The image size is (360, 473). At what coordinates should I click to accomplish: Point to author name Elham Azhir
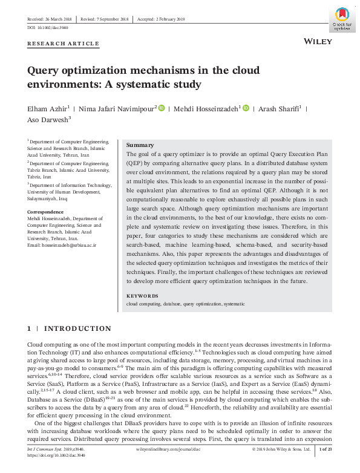click(48, 109)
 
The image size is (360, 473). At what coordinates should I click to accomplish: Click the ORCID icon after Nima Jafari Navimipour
click(162, 108)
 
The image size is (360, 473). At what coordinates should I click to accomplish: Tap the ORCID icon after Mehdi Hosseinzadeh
click(246, 108)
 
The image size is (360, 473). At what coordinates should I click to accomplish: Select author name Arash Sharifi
click(280, 109)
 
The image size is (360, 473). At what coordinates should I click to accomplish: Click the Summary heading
click(140, 145)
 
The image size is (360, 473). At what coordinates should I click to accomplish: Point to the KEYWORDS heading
click(142, 296)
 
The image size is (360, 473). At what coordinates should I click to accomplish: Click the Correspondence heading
click(46, 212)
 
